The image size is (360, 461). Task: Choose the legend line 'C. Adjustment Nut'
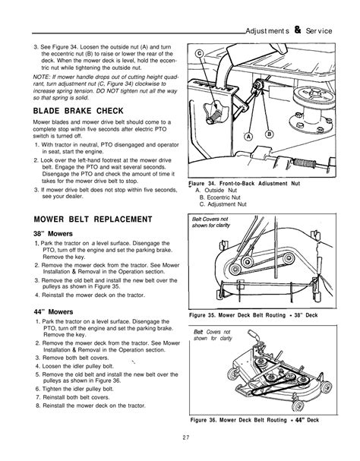coord(226,204)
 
